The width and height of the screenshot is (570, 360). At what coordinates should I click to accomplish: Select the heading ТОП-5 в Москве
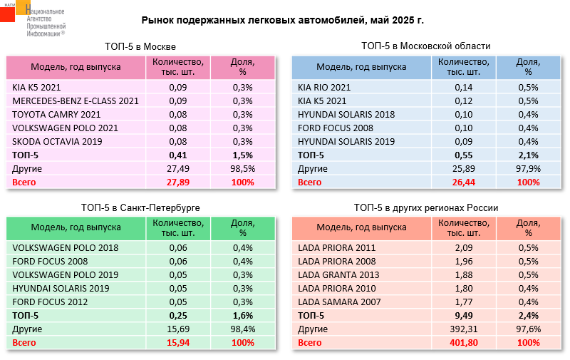click(140, 46)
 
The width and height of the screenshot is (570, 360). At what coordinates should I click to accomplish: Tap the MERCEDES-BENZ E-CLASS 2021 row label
click(75, 101)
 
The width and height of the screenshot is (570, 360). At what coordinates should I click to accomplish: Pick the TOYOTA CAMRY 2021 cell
click(55, 114)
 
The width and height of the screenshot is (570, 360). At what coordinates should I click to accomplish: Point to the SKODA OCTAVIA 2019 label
click(57, 141)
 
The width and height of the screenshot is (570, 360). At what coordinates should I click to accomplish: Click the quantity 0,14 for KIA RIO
click(464, 87)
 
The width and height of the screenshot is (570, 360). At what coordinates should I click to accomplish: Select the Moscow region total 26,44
click(464, 182)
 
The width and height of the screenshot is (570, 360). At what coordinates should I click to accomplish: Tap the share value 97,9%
click(528, 168)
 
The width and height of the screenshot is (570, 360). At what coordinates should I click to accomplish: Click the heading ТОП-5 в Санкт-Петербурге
click(140, 207)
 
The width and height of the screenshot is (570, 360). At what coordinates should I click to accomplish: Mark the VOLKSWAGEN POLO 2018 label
click(65, 248)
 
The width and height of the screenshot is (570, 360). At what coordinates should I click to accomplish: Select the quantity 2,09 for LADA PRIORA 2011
click(464, 248)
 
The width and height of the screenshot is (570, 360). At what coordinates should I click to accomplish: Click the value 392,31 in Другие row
click(464, 329)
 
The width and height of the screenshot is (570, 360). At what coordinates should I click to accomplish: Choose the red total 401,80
click(464, 343)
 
